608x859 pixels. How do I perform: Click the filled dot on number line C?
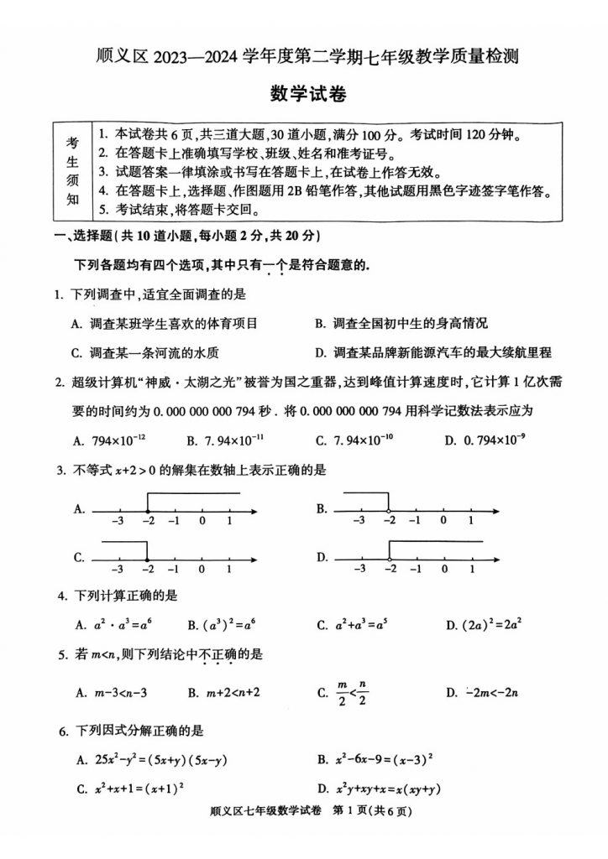pyautogui.click(x=147, y=559)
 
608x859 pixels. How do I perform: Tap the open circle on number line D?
pyautogui.click(x=388, y=559)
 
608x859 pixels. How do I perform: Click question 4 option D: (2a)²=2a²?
pyautogui.click(x=484, y=624)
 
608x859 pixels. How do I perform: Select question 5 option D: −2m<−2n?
pyautogui.click(x=485, y=692)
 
